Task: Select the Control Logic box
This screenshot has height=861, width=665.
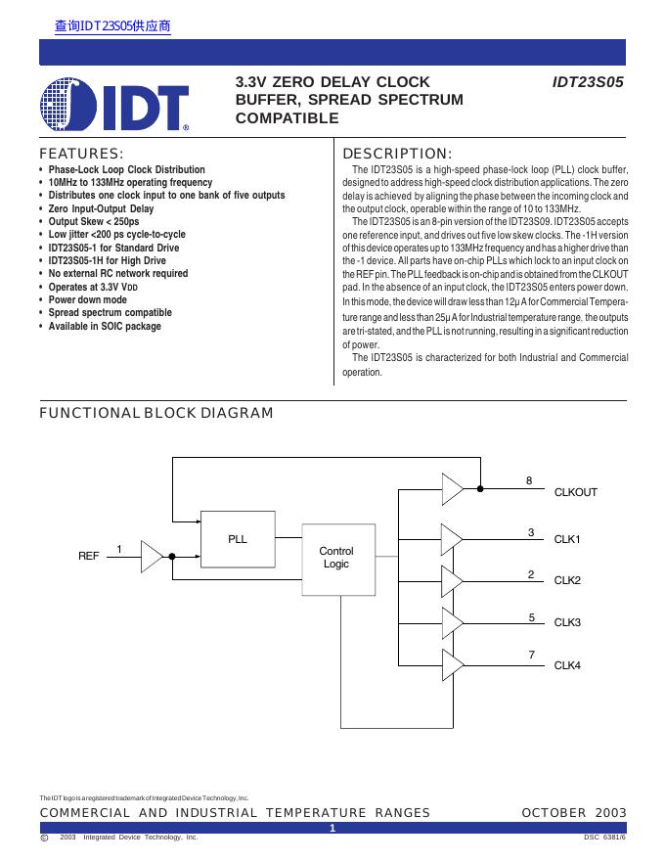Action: click(x=336, y=558)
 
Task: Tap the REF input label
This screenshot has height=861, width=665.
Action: click(x=89, y=556)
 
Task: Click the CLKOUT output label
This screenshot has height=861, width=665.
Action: click(x=575, y=492)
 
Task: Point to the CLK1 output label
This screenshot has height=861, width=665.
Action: click(x=567, y=539)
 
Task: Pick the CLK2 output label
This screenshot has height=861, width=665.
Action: click(x=567, y=580)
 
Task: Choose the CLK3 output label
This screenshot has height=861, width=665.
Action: click(x=567, y=622)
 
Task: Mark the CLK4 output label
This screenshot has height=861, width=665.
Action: click(x=567, y=665)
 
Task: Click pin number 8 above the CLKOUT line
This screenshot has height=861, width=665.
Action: click(x=529, y=480)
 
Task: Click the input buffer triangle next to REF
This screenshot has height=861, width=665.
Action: click(x=152, y=556)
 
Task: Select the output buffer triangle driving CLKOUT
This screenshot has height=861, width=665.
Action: click(x=453, y=486)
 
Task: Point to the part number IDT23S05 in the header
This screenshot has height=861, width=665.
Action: click(x=588, y=83)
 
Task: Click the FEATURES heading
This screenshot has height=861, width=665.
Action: click(x=81, y=154)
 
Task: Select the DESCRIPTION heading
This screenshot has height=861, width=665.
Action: click(x=397, y=154)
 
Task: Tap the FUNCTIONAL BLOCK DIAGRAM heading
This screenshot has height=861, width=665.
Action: click(x=156, y=413)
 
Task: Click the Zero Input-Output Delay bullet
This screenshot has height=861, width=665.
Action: click(x=101, y=208)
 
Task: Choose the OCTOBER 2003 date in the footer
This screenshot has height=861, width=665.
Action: click(x=574, y=813)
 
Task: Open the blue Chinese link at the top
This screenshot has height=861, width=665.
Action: click(x=112, y=26)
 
